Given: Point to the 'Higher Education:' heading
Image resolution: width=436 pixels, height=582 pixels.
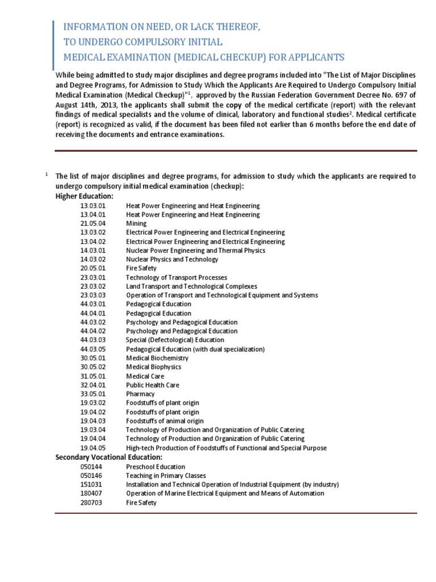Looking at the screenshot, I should tap(84, 196).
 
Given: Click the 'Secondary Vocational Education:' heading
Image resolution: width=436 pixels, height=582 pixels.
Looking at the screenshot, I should tap(108, 457).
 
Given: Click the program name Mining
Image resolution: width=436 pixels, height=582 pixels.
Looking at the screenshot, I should tap(136, 223).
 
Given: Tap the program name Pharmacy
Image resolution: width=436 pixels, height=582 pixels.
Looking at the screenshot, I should tap(140, 394).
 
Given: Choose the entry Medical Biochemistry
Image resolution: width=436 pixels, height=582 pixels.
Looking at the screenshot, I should tap(157, 358).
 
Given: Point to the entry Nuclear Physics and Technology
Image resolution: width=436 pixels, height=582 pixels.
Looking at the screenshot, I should tap(172, 259).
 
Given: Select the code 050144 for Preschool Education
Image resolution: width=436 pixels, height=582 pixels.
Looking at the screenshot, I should tap(91, 467).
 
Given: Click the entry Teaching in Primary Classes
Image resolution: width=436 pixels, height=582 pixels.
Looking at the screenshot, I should tap(166, 476).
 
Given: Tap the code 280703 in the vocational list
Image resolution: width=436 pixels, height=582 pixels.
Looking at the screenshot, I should tap(91, 502).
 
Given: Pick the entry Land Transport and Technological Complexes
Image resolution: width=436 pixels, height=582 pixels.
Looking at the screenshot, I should tap(191, 286).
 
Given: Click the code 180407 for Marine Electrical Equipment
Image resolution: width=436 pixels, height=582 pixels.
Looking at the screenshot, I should tap(91, 493).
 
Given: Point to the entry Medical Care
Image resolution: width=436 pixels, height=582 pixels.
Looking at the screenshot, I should tap(145, 376).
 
